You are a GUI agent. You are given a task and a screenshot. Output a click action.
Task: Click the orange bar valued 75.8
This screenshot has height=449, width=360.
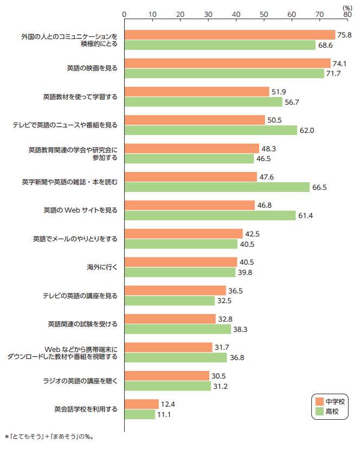pos(230,35)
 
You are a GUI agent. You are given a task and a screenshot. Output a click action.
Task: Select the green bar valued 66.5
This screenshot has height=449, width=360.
pos(217,187)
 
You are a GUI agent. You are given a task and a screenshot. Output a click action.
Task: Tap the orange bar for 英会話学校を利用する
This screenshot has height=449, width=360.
pos(142,404)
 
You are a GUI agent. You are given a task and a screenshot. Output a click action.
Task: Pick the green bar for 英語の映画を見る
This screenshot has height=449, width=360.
pos(224,73)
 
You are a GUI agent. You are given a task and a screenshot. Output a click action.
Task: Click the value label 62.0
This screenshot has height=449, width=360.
pos(307,130)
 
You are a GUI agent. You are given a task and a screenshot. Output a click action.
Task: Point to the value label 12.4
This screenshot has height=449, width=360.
pos(168,404)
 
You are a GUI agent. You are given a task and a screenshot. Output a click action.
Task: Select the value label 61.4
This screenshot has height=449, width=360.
pos(305,216)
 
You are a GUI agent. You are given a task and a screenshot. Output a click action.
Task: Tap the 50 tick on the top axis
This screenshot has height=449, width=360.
pos(263,14)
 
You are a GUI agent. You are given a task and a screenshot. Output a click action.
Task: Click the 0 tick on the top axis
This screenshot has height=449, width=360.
pos(125,14)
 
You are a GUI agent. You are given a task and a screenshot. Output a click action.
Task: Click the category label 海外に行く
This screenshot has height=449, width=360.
pos(102,267)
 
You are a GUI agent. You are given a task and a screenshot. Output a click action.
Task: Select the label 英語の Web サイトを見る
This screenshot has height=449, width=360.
pos(80,210)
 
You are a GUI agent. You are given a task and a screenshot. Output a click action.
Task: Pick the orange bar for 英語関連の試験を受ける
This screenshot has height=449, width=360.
pos(170,319)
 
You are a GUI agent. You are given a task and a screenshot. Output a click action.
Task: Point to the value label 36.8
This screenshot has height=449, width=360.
pos(236,357)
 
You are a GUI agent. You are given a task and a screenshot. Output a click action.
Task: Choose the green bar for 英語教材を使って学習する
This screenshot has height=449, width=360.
pos(203,102)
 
